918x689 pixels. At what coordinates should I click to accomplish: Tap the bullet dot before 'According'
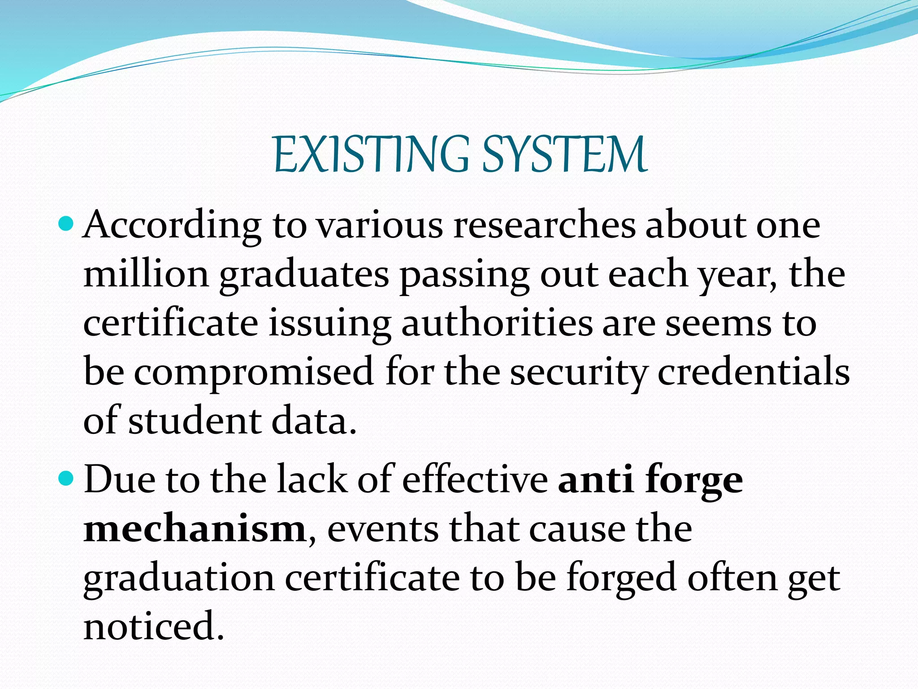tap(65, 222)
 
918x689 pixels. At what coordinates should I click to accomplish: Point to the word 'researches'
tap(544, 225)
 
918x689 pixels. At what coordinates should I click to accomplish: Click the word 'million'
tap(146, 274)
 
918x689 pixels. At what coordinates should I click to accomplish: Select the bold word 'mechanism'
tap(195, 529)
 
